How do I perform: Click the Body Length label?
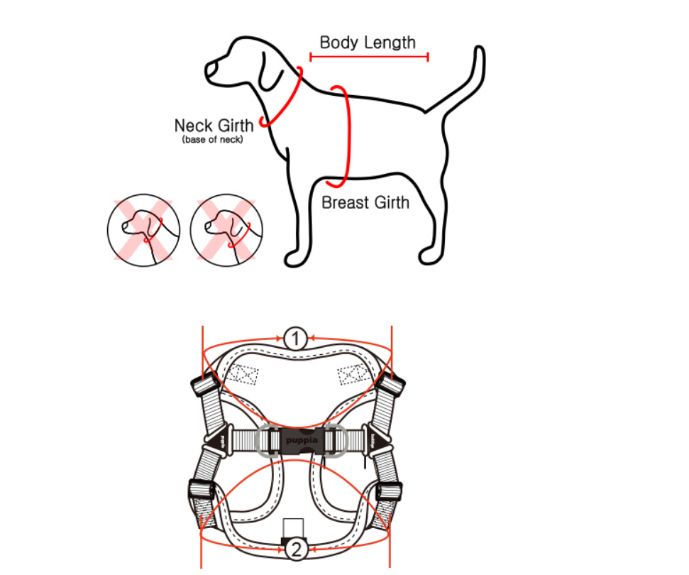[x=368, y=43]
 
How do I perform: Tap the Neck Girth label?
[x=214, y=125]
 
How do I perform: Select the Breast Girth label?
[x=365, y=202]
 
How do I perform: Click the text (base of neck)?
[x=213, y=140]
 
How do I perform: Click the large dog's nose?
[x=211, y=70]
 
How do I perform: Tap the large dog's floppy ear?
[x=270, y=72]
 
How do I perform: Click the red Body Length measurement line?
[x=369, y=57]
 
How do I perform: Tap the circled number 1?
[x=295, y=339]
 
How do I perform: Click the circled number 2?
[x=296, y=549]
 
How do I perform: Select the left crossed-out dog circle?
[x=143, y=230]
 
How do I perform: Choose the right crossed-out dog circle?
[x=227, y=230]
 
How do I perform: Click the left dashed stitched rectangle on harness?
[x=242, y=374]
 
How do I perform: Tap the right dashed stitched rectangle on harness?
[x=353, y=374]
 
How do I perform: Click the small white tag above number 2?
[x=293, y=528]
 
